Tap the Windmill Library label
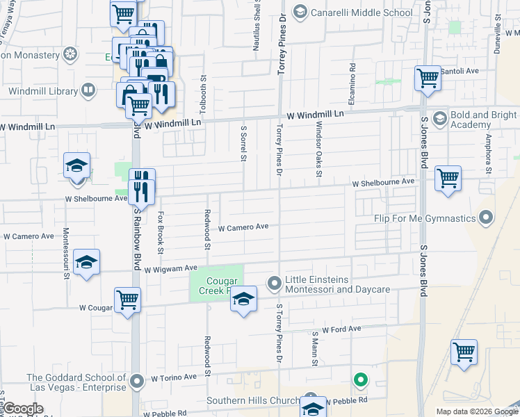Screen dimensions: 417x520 pos(49,90)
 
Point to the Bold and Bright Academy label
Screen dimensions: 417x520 pos(483,120)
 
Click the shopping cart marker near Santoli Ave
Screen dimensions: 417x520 pos(427,78)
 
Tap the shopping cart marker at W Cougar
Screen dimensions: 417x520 pos(127,300)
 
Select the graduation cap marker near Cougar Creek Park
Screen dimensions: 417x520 pos(243,300)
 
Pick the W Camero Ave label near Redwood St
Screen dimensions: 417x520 pos(243,227)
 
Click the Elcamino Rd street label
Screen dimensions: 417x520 pos(352,81)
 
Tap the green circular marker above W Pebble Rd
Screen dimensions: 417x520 pos(360,380)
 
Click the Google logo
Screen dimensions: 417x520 pos(23,409)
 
